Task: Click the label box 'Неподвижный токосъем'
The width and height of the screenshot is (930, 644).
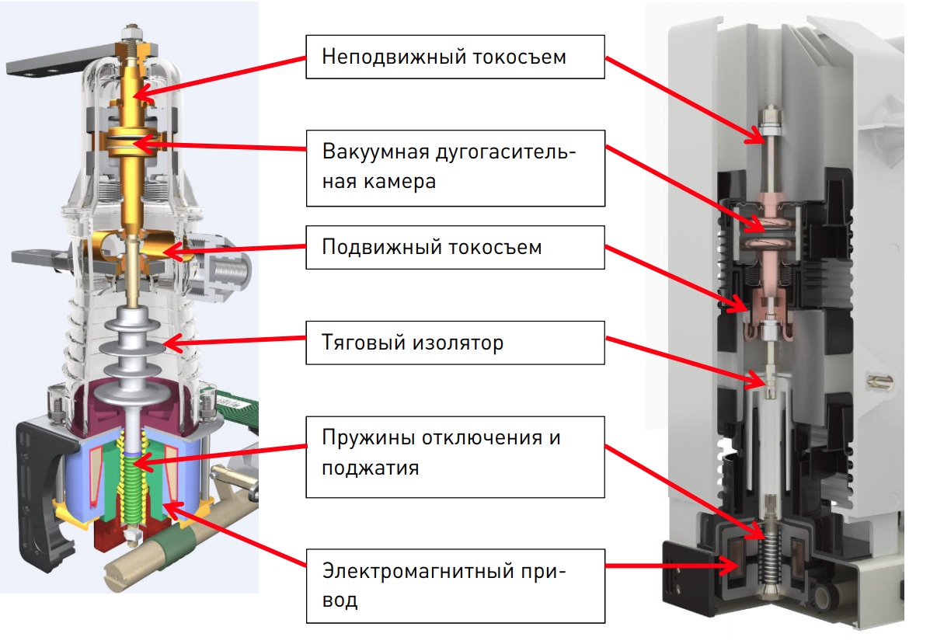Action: (x=455, y=56)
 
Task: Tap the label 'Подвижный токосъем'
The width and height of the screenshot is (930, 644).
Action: (x=455, y=247)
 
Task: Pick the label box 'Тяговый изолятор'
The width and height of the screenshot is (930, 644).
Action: (x=455, y=342)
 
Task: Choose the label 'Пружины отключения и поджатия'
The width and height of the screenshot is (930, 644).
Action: (x=455, y=452)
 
